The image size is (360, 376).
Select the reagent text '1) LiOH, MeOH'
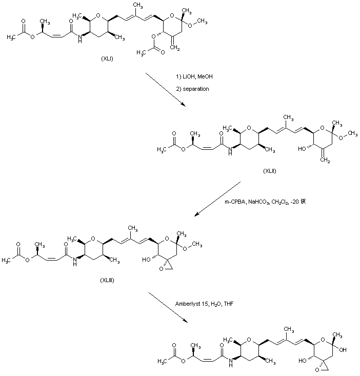(194, 77)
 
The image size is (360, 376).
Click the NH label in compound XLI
(76, 39)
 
